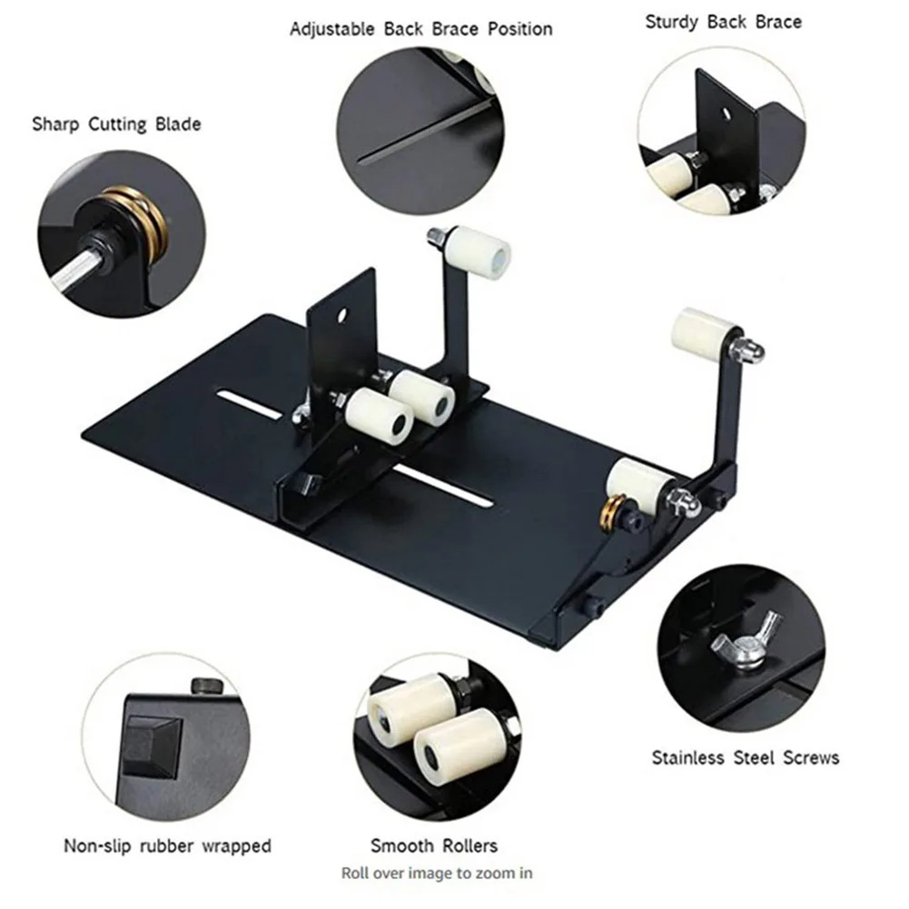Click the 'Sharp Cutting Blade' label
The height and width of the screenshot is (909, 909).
[116, 124]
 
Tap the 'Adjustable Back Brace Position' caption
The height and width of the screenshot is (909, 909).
[420, 29]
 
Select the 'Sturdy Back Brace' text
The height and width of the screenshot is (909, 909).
[723, 21]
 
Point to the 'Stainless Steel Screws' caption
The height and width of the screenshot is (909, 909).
[745, 757]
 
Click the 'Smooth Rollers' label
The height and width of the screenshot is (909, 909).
[433, 846]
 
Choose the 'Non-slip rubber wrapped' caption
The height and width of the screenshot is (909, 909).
[166, 846]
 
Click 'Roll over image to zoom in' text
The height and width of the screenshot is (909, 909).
[436, 874]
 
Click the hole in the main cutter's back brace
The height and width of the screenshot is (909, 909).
[344, 317]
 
